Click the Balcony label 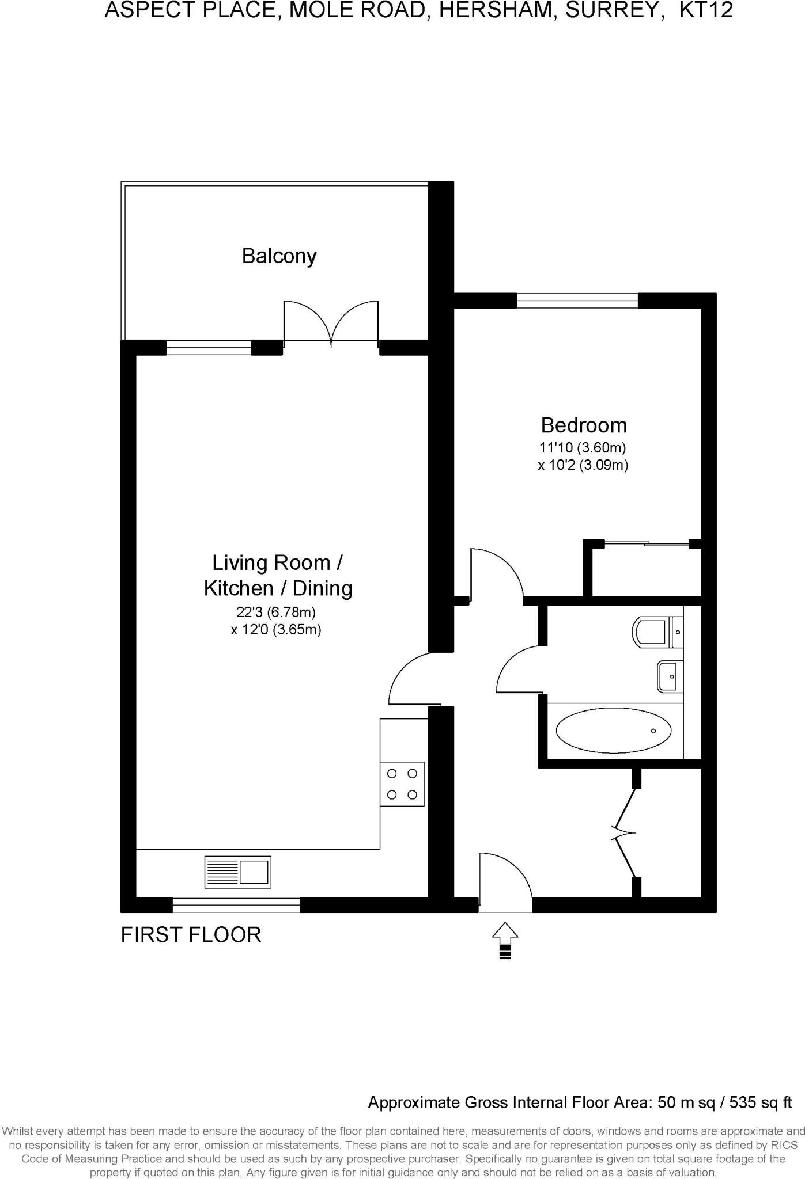tap(279, 256)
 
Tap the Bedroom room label tap(583, 425)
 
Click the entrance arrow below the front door tap(505, 940)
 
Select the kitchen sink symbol tap(237, 872)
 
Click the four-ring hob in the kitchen tap(402, 784)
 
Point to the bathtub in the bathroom tap(613, 731)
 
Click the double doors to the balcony tap(331, 324)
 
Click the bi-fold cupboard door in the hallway tap(625, 832)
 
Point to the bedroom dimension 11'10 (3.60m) tap(582, 447)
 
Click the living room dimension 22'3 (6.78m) tap(275, 612)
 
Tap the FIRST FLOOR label tap(191, 934)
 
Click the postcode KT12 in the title tap(706, 10)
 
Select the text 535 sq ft tap(760, 1102)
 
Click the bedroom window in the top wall tap(577, 301)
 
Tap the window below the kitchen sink tap(236, 906)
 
